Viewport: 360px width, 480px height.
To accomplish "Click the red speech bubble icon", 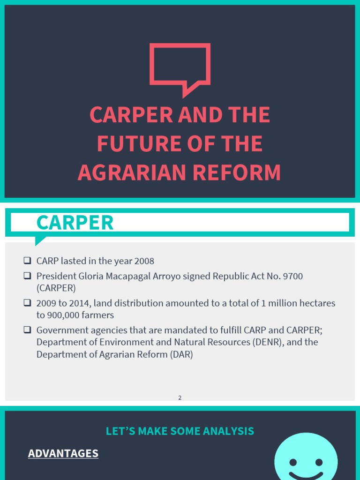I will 180,66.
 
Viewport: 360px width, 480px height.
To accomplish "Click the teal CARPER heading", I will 75,223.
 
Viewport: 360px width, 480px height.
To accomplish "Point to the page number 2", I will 180,397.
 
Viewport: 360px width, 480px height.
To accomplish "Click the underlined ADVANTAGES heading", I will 63,453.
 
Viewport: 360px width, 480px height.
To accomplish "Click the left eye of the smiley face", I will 293,462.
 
